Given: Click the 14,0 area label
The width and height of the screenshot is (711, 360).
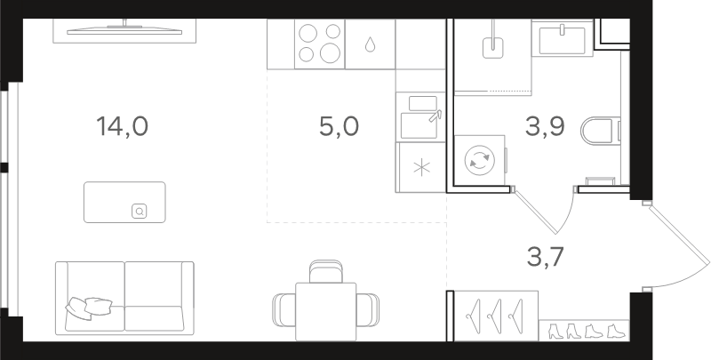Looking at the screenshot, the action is click(123, 126).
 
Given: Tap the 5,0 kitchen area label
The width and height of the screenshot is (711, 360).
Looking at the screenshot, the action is click(339, 126).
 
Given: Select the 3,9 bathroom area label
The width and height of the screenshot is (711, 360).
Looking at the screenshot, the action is click(545, 126).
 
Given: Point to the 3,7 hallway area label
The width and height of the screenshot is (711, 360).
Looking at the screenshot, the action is click(545, 258).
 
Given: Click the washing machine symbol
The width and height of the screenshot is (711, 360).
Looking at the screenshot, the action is click(480, 161).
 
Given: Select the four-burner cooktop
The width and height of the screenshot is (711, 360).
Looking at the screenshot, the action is click(320, 44).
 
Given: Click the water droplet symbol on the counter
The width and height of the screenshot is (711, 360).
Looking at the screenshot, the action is click(370, 44).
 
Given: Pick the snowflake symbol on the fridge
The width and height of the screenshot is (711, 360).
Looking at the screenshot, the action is click(421, 168).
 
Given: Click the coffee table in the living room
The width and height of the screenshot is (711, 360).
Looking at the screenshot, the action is click(124, 202).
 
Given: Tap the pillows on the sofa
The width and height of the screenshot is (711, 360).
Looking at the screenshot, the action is click(89, 307).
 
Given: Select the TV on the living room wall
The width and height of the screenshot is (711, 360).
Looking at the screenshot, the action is click(124, 31).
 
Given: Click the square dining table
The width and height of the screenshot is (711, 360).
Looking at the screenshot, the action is click(325, 311).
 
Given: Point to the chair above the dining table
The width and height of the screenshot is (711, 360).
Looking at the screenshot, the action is click(325, 271).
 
